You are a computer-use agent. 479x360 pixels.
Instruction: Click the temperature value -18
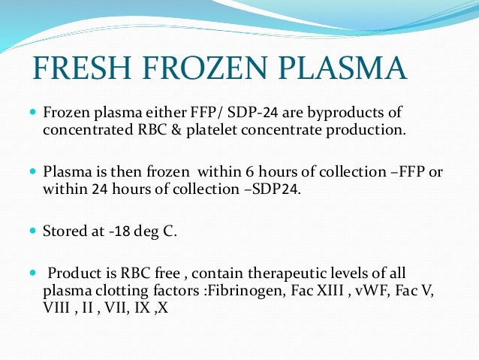pyautogui.click(x=115, y=231)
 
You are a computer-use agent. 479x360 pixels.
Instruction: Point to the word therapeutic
pyautogui.click(x=258, y=272)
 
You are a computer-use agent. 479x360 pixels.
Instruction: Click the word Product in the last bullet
pyautogui.click(x=72, y=272)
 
